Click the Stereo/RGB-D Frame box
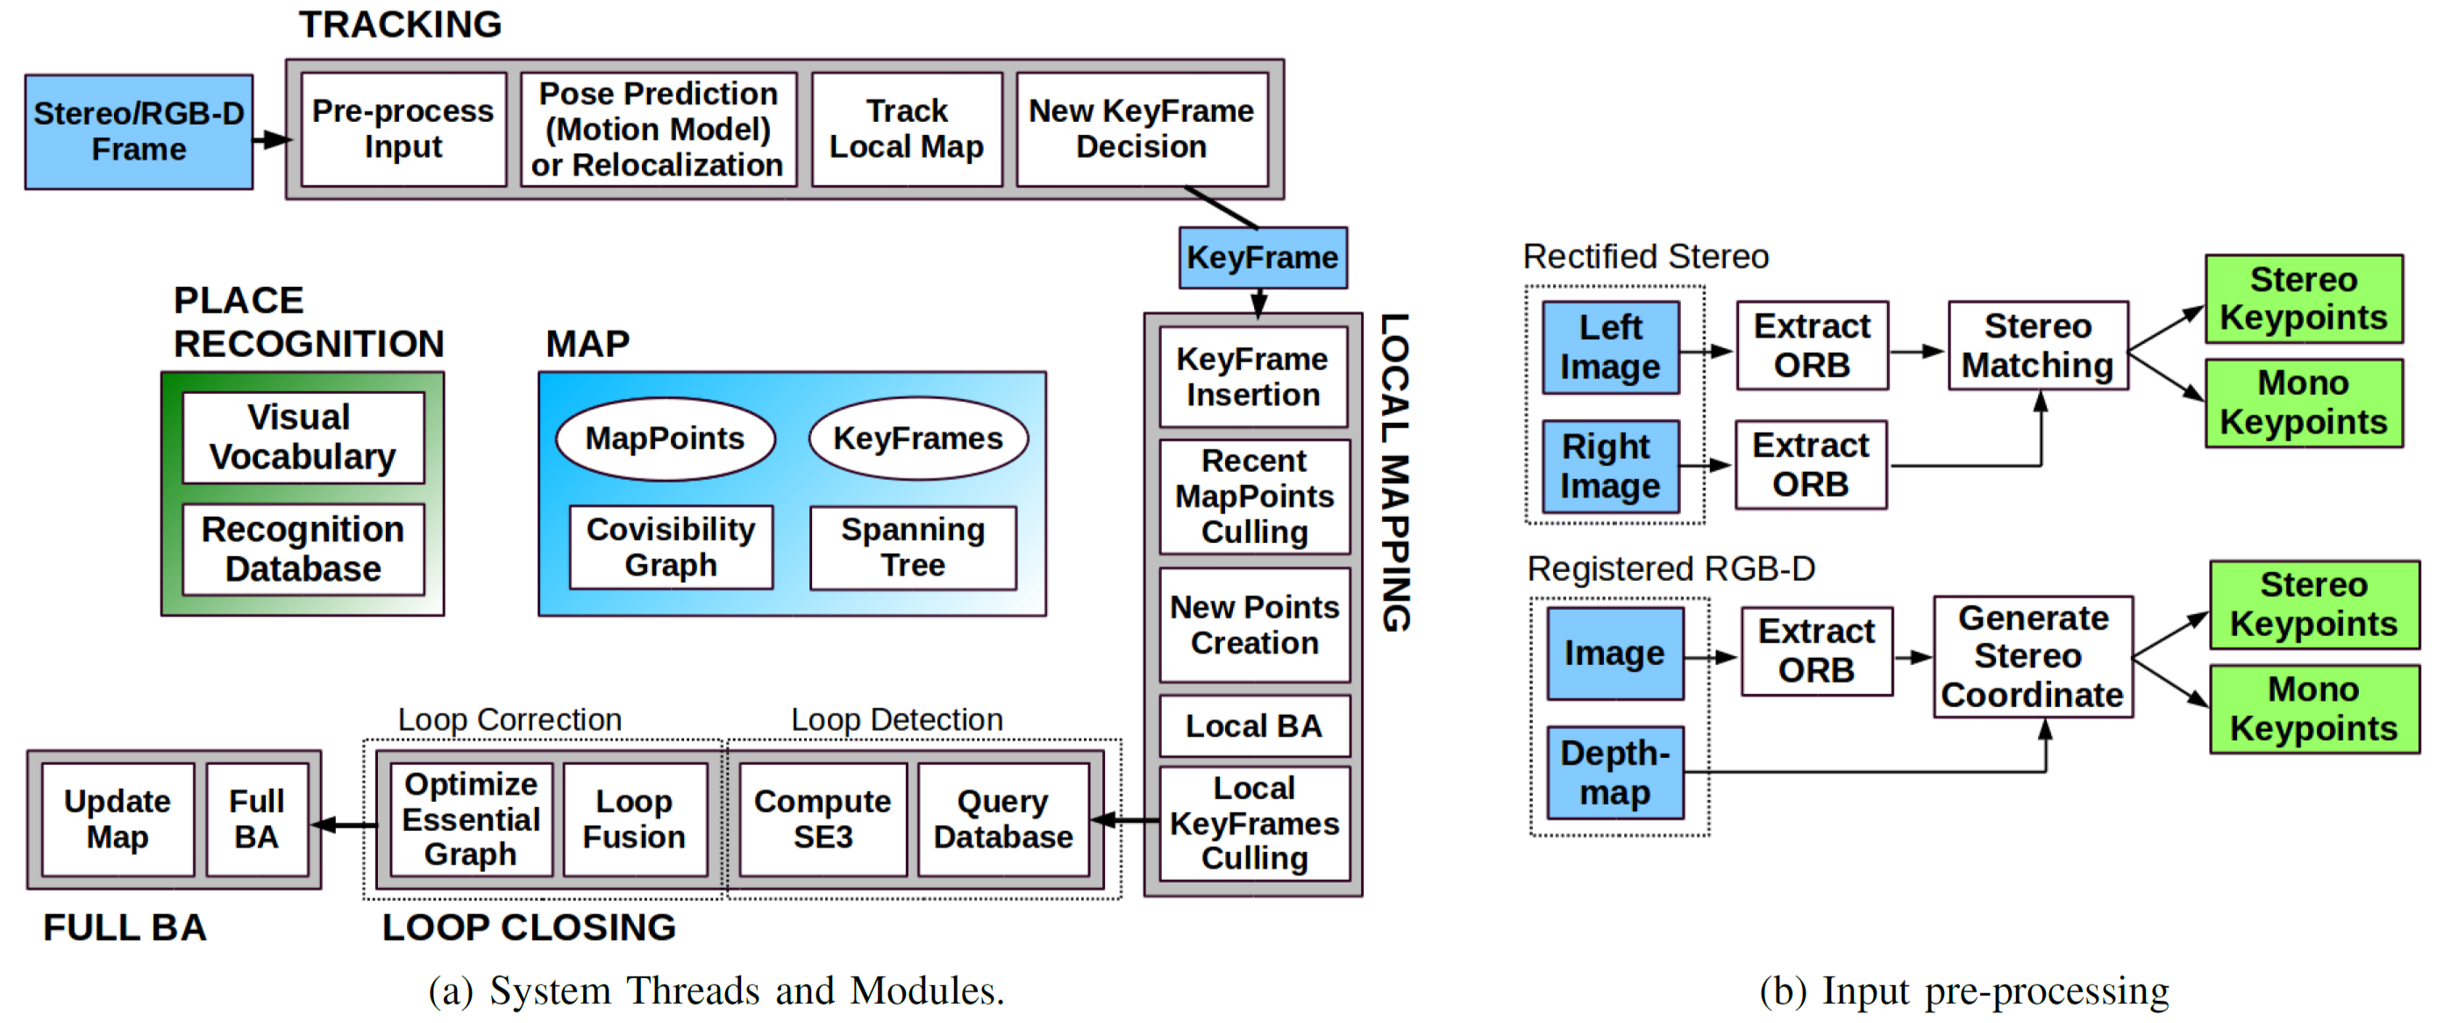[x=139, y=132]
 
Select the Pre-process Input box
[x=403, y=129]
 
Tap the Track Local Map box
[x=906, y=129]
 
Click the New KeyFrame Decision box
[x=1142, y=129]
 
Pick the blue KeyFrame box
[x=1263, y=257]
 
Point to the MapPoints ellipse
[x=665, y=439]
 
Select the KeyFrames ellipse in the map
[x=917, y=439]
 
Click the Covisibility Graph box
[x=671, y=547]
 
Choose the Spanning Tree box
[x=913, y=547]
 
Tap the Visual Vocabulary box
[x=303, y=437]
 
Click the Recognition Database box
[x=303, y=549]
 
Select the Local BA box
[x=1254, y=726]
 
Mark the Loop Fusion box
[x=635, y=819]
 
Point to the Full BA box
[x=256, y=819]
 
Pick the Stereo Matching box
[x=2038, y=346]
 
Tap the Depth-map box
[x=1615, y=772]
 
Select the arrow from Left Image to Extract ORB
[x=1707, y=351]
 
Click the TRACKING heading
[x=400, y=25]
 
